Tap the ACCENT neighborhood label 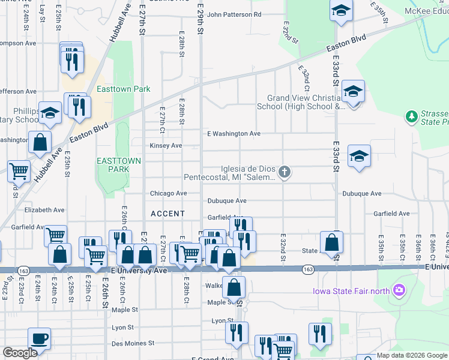(x=167, y=214)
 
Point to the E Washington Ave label (x=234, y=134)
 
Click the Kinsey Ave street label (x=166, y=146)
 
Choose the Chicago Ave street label (x=168, y=193)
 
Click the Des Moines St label (x=133, y=344)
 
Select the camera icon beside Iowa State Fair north (x=397, y=292)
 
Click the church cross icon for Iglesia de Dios (x=285, y=173)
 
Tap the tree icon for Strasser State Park (x=411, y=115)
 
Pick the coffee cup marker (x=40, y=338)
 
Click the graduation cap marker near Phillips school (x=50, y=112)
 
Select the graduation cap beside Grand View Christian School (x=353, y=92)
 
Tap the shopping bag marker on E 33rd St (x=331, y=242)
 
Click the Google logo (x=20, y=353)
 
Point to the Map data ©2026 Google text (x=412, y=355)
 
